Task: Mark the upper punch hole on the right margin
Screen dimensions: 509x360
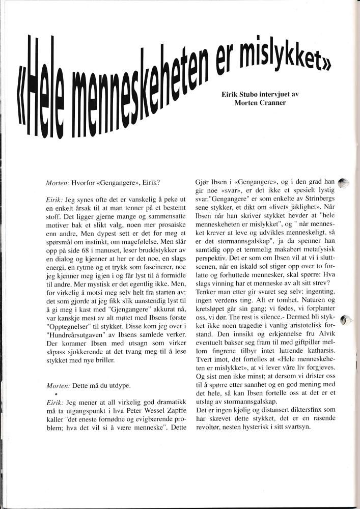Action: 344,183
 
